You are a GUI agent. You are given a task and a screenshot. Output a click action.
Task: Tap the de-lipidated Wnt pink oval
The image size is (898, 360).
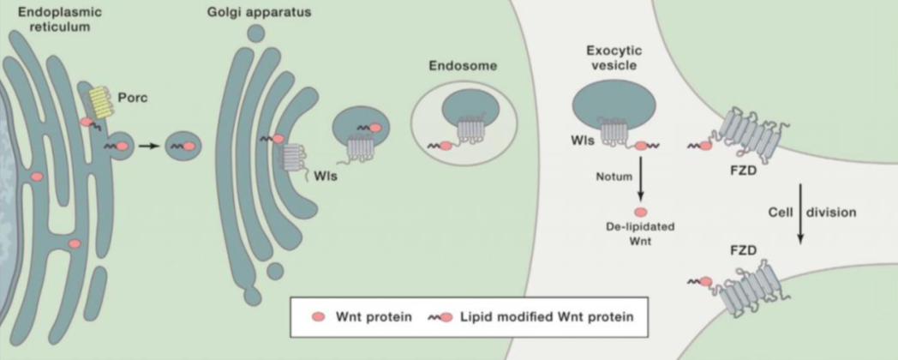[639, 210]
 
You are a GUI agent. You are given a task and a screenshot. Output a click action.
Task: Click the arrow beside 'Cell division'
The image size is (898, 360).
[801, 213]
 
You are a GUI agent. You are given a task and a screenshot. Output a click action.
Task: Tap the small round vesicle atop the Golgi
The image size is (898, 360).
[254, 34]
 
